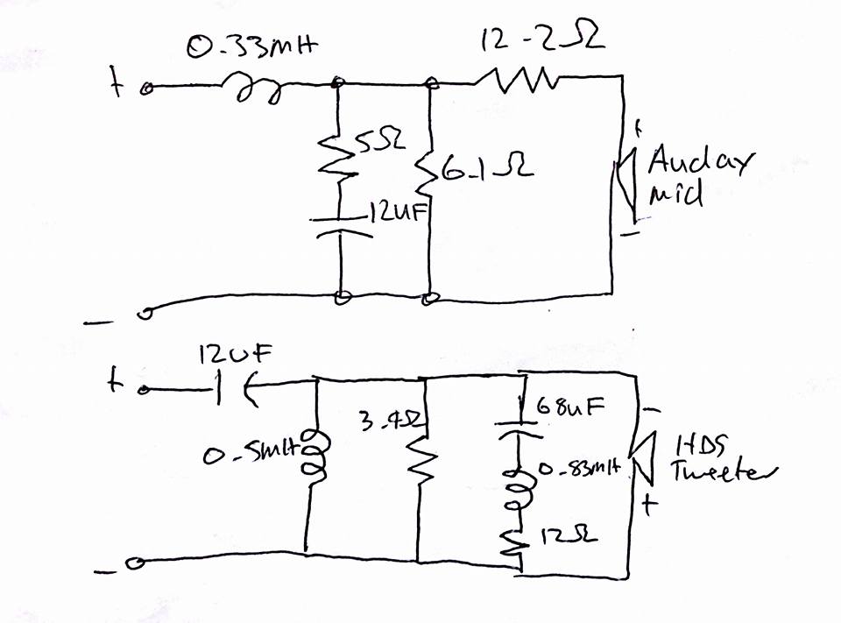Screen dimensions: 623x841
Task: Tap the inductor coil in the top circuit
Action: pyautogui.click(x=255, y=88)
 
